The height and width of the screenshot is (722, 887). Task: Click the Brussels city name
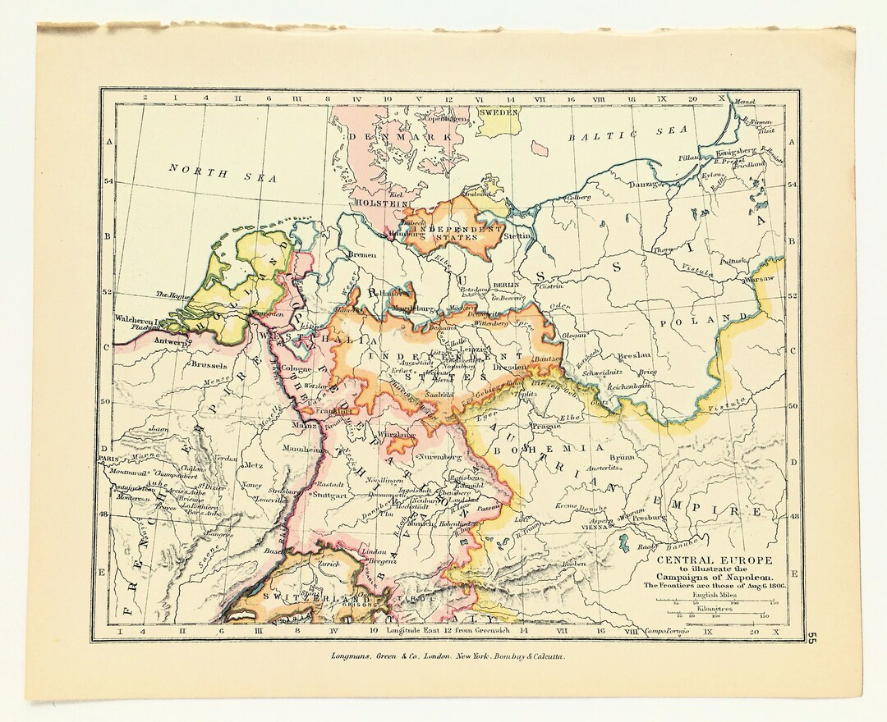(207, 363)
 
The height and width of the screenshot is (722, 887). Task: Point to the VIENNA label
(595, 529)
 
